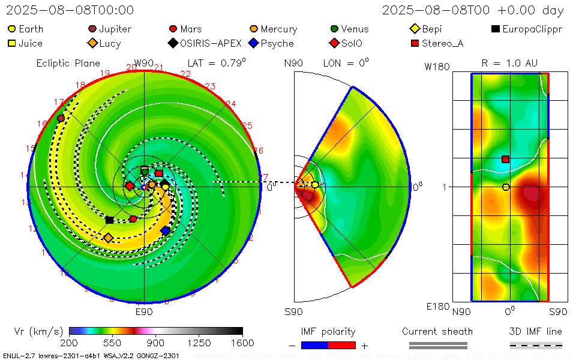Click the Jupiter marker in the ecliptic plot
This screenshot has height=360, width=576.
tap(61, 118)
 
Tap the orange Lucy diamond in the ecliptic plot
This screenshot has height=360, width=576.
tap(108, 238)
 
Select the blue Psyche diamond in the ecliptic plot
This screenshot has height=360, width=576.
tap(166, 230)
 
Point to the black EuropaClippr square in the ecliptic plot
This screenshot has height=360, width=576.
tap(109, 220)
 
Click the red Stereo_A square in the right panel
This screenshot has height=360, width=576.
tap(505, 159)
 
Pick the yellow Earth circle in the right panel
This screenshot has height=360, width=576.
tap(506, 187)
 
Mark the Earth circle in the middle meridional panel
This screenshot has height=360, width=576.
tap(315, 185)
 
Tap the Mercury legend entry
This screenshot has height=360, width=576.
tap(273, 29)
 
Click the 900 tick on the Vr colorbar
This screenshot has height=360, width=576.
tap(155, 343)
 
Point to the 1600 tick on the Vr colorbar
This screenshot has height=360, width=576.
tap(242, 343)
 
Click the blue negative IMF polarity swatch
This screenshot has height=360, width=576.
tap(315, 345)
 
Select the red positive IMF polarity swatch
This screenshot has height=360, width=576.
tap(342, 345)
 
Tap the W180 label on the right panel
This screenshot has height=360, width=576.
tap(437, 67)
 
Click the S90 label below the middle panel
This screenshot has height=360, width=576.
tap(293, 312)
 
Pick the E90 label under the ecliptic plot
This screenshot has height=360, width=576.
tap(144, 312)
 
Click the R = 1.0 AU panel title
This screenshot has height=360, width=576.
tap(509, 63)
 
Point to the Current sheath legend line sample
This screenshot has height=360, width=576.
tap(437, 345)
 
